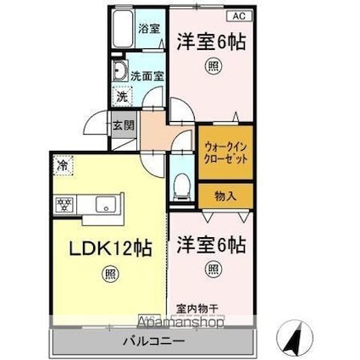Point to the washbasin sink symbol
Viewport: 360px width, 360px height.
(x=119, y=71)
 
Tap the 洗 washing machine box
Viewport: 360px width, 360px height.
(x=122, y=97)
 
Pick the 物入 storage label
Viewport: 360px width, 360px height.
(x=226, y=196)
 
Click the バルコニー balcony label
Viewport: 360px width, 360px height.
(x=152, y=343)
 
